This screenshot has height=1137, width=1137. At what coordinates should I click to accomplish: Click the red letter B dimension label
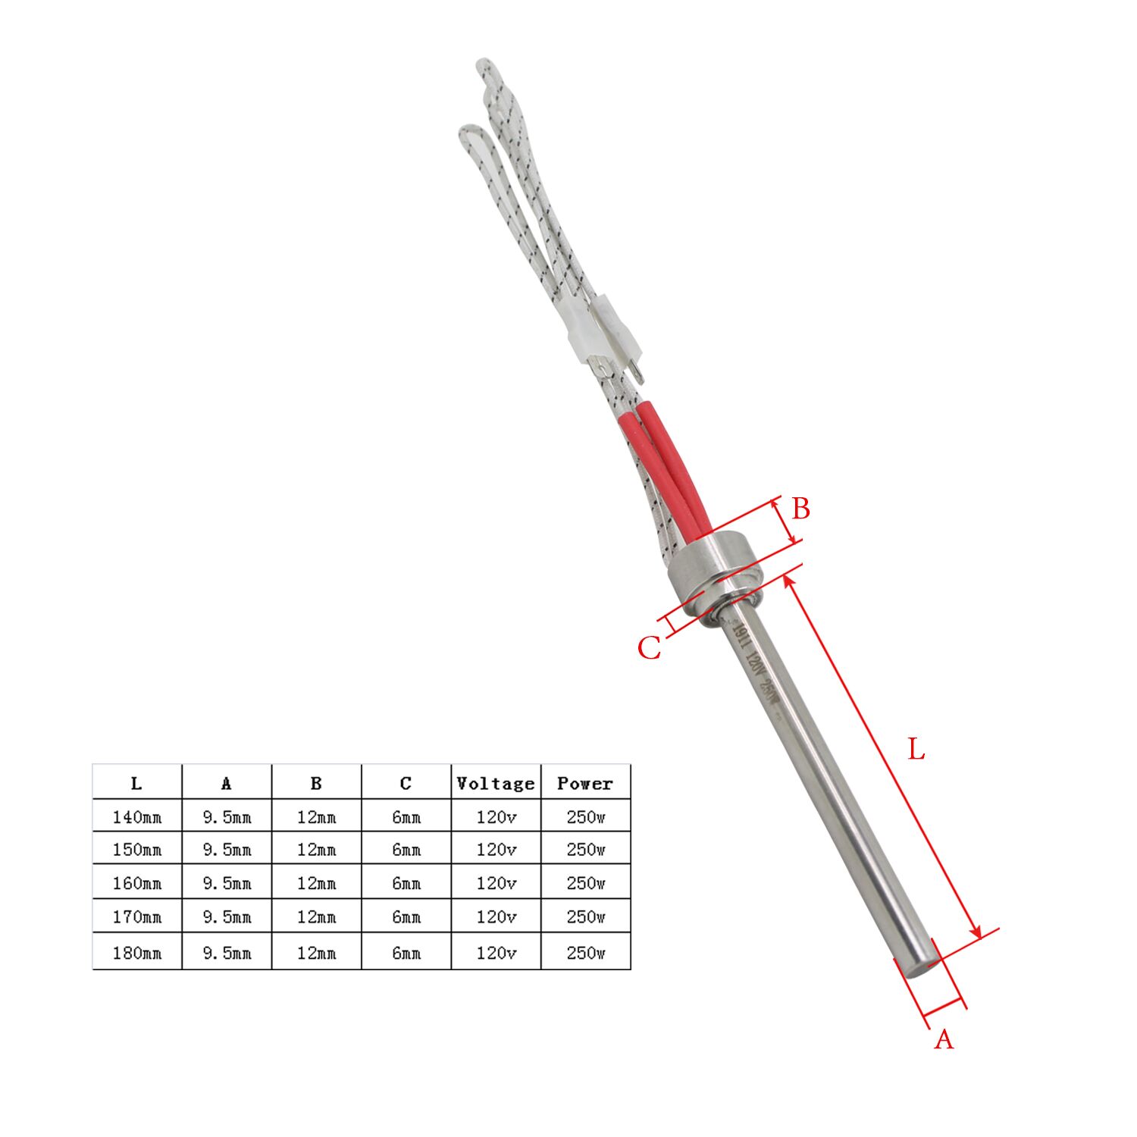point(800,509)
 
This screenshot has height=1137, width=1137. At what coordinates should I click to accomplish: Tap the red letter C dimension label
point(649,649)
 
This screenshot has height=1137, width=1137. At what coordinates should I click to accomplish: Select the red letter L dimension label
point(916,750)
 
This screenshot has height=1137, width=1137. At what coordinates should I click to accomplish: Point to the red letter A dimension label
point(943,1040)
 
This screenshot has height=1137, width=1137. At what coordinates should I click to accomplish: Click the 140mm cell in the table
point(137,817)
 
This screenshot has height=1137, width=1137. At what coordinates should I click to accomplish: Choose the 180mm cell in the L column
point(137,953)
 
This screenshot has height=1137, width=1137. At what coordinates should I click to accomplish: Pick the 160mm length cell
point(137,883)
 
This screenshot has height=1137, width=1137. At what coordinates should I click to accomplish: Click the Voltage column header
point(496,783)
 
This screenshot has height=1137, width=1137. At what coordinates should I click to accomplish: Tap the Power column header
point(585,783)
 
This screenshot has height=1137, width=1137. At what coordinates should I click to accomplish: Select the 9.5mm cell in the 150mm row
point(227,850)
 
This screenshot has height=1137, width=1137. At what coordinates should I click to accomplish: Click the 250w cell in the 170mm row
point(585,917)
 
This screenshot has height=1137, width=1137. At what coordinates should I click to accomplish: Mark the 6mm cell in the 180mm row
point(406,953)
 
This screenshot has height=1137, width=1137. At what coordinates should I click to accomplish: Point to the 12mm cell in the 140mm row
point(316,817)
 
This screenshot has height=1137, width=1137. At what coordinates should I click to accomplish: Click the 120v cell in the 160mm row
point(496,883)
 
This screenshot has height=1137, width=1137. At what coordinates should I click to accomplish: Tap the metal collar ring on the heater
point(713,572)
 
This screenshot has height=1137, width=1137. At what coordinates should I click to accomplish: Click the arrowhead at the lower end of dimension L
point(976,932)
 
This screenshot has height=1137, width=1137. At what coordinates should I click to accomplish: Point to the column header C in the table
point(406,783)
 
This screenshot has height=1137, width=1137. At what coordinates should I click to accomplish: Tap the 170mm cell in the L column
point(137,917)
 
